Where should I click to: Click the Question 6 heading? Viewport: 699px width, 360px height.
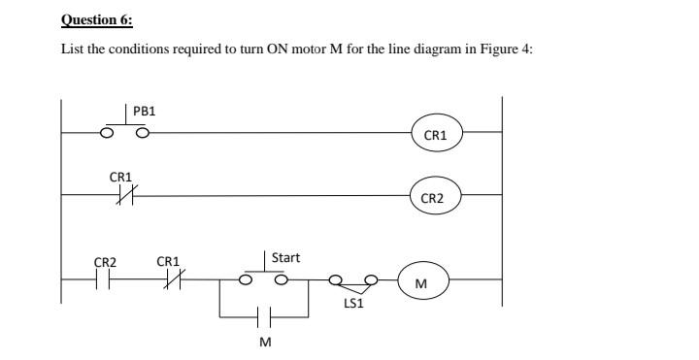[97, 19]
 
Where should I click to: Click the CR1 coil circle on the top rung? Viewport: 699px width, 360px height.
[436, 135]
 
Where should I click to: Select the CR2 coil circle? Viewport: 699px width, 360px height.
[433, 198]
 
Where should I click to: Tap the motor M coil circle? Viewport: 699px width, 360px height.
[420, 283]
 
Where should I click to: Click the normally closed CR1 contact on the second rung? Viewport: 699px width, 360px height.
[124, 195]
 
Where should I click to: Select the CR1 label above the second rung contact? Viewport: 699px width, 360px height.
[120, 177]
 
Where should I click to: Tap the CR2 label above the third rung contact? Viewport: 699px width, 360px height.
[105, 262]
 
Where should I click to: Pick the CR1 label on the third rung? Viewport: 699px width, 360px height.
[168, 262]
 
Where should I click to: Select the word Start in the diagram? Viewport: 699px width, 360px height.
[285, 258]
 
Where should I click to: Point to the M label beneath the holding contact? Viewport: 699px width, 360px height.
[263, 342]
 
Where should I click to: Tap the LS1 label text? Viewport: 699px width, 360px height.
[354, 303]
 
